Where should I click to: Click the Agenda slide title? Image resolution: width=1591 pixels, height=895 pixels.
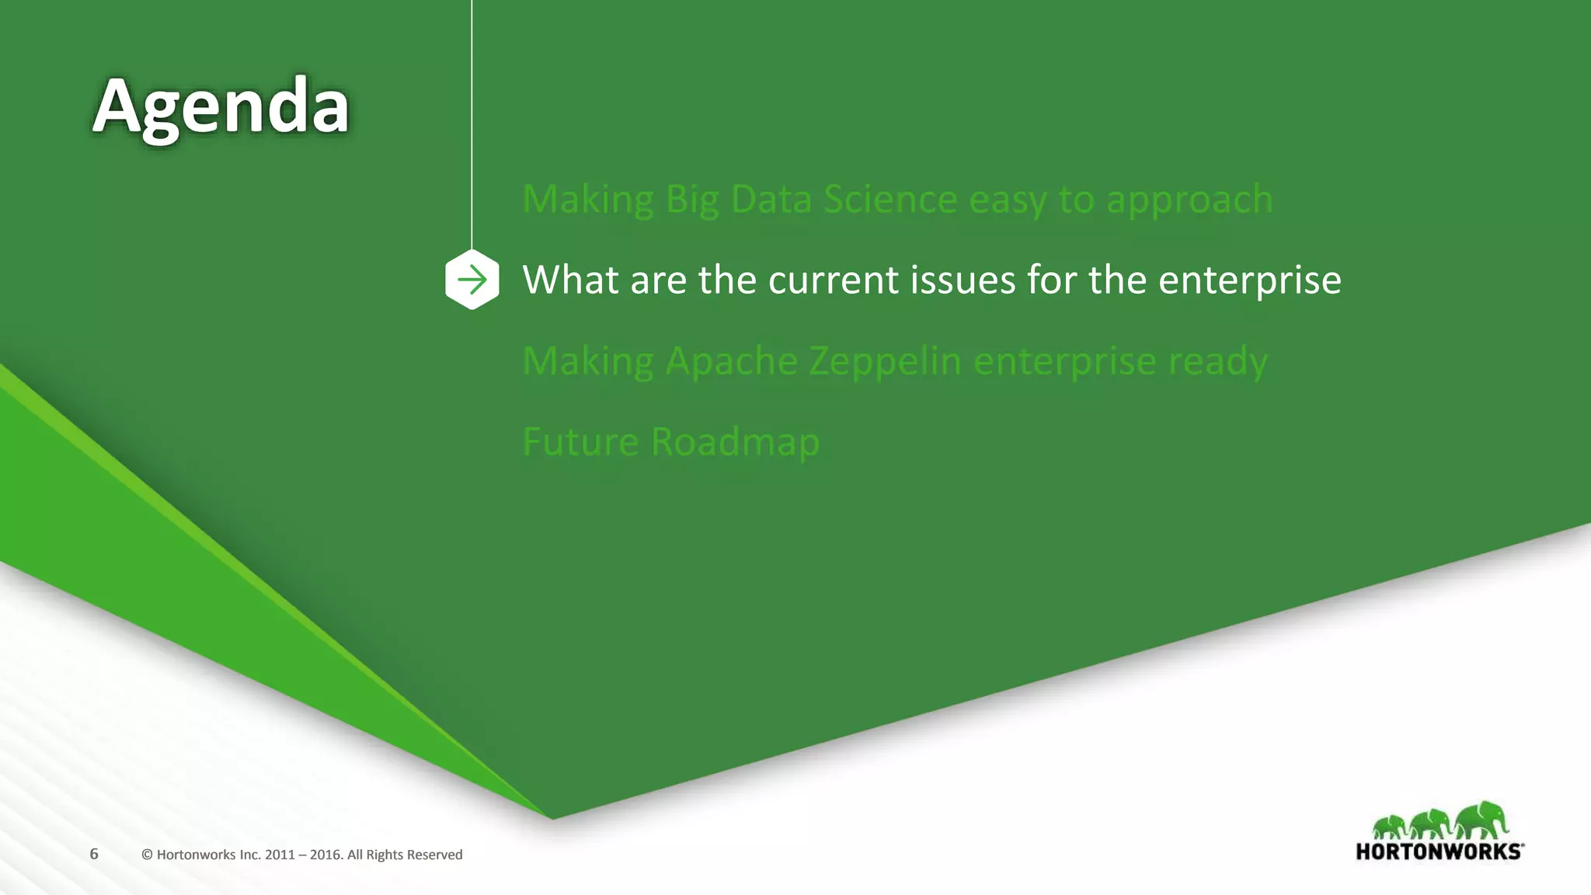(x=221, y=106)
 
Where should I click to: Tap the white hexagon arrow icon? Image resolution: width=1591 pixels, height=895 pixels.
(x=472, y=280)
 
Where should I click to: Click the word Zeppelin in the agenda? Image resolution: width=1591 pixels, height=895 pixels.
(x=885, y=361)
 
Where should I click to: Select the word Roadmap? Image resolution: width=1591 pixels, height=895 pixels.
(x=735, y=442)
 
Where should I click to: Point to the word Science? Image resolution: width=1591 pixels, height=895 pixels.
(x=890, y=200)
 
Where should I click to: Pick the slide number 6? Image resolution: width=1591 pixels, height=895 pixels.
(x=94, y=854)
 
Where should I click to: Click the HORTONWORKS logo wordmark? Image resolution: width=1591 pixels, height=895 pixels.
(x=1439, y=851)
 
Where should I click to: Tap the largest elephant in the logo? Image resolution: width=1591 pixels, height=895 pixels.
(x=1481, y=820)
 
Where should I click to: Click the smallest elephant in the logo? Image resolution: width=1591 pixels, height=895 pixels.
(x=1390, y=827)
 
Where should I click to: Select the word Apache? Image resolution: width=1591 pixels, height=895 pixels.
(x=731, y=361)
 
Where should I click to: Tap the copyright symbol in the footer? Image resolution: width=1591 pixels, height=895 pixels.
(x=147, y=855)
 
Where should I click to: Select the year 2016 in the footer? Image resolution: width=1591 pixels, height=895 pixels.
(x=326, y=855)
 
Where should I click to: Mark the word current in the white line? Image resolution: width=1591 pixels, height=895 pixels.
(x=833, y=280)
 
